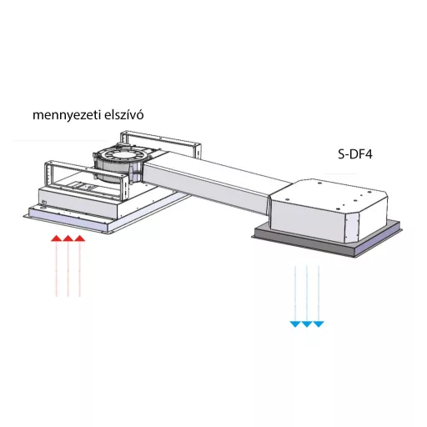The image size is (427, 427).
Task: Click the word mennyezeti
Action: point(67,115)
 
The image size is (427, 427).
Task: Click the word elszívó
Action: point(124,114)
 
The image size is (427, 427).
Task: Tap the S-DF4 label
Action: point(355,154)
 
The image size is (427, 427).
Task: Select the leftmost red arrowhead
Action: point(57,239)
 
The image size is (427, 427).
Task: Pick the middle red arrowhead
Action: point(68,239)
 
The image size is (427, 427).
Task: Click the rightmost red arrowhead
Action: point(80,239)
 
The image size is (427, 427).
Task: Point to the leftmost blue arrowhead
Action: point(295,324)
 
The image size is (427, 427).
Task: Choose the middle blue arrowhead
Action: point(307,324)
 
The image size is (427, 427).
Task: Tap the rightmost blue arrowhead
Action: point(319,324)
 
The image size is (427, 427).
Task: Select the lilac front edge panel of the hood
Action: point(68,222)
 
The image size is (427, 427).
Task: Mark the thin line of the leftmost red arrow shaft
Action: point(57,269)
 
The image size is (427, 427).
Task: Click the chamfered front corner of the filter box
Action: point(352,228)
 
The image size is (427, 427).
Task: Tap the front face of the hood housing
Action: point(78,202)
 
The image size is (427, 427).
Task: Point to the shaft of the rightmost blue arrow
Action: point(319,294)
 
